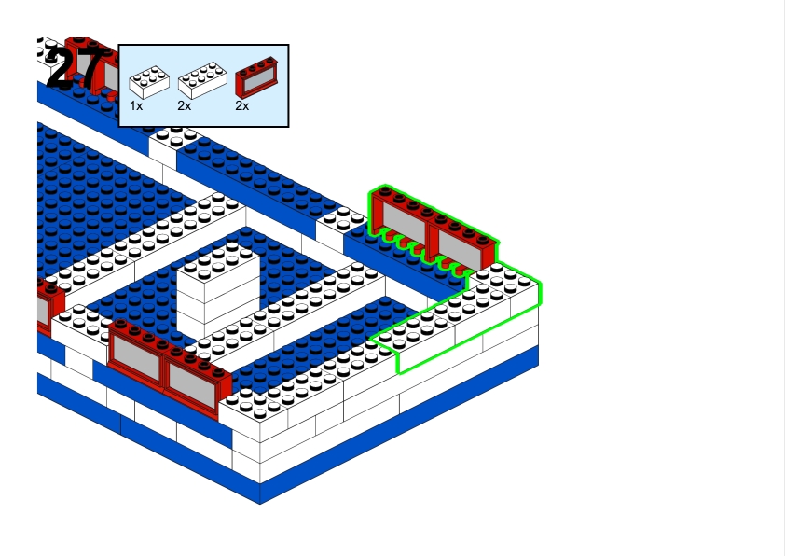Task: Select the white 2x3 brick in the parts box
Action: pos(149,82)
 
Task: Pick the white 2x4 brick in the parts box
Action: pos(202,79)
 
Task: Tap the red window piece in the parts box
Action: pos(256,76)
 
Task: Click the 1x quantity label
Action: pos(136,106)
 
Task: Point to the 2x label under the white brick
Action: pos(185,106)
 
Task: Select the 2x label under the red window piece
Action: pos(241,106)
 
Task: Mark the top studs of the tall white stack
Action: pos(218,261)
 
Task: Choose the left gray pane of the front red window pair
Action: pos(136,355)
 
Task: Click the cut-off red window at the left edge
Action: pos(50,307)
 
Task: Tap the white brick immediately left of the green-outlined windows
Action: pos(340,227)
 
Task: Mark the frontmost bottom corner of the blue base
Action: pos(260,504)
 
